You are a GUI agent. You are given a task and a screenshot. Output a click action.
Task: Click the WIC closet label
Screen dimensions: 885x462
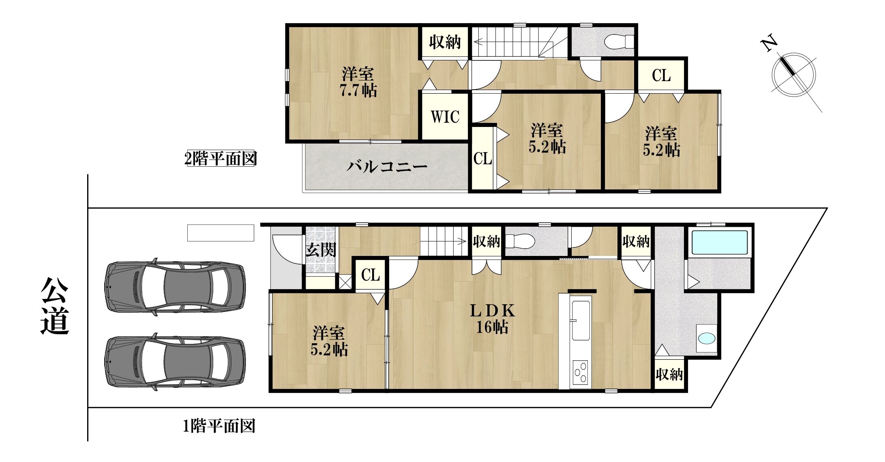pyautogui.click(x=445, y=117)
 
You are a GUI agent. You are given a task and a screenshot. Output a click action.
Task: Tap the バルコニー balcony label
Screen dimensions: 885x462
pyautogui.click(x=387, y=167)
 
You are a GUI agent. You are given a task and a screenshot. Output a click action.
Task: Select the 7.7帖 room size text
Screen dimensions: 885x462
pyautogui.click(x=358, y=90)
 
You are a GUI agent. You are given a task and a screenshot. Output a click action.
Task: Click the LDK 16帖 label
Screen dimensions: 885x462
pyautogui.click(x=492, y=319)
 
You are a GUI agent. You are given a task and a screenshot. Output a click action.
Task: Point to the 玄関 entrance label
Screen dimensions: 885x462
pyautogui.click(x=321, y=250)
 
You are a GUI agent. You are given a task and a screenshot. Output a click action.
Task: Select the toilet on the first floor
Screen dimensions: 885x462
pyautogui.click(x=520, y=242)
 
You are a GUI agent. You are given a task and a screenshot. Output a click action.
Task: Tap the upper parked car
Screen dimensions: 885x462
pyautogui.click(x=175, y=286)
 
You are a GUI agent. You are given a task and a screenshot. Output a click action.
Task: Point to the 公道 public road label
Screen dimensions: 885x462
pyautogui.click(x=55, y=306)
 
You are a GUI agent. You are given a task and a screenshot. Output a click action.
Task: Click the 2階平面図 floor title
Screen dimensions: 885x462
pyautogui.click(x=220, y=159)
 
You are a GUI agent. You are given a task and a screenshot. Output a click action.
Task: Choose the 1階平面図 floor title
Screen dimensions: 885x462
pyautogui.click(x=219, y=426)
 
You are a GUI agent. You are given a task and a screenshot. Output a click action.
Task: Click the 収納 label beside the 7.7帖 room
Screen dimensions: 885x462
pyautogui.click(x=445, y=42)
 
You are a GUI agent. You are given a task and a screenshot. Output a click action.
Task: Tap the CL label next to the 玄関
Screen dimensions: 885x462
pyautogui.click(x=371, y=275)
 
